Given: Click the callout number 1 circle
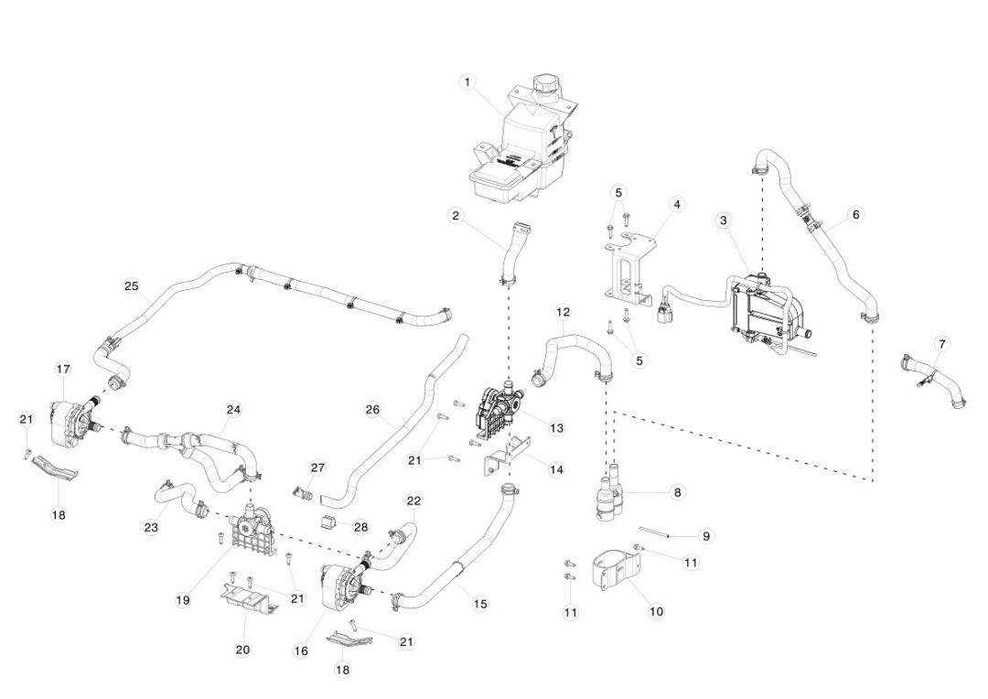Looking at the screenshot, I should pos(467,82).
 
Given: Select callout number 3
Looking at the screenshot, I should pos(724,220).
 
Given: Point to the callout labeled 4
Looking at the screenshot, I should pos(677,204).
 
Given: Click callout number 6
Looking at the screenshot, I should pos(855,215).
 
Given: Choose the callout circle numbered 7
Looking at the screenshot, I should pos(942,344).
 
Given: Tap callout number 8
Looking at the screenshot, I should pos(677,492).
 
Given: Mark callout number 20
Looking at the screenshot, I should pos(242,650).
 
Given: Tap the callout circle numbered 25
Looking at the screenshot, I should pos(131,286).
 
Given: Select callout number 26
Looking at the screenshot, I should pos(372,410).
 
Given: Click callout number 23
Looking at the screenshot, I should pos(151,528).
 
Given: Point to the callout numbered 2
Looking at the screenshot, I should pos(455,216).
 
